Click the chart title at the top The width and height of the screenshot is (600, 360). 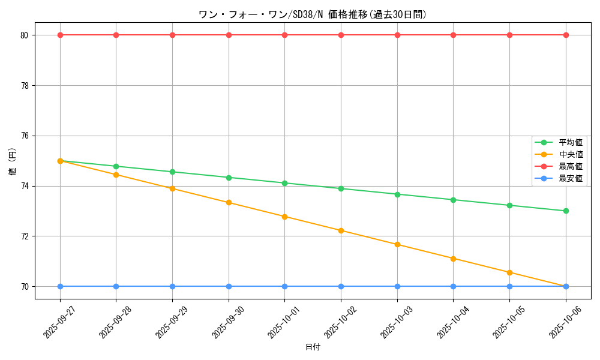[313, 14]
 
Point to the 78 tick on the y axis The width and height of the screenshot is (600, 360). [25, 85]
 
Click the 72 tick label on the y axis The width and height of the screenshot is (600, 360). [25, 236]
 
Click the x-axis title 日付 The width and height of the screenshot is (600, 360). [313, 347]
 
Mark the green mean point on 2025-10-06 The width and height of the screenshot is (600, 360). [566, 211]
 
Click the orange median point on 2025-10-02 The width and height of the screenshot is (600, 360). [341, 230]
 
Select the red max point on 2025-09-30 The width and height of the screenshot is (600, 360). [229, 35]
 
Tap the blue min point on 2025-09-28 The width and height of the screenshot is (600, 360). [116, 286]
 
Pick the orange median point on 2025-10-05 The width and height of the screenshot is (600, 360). [509, 272]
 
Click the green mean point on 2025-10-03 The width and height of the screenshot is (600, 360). [397, 194]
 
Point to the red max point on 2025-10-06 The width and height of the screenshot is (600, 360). [566, 35]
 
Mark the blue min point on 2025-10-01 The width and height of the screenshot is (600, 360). [284, 286]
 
